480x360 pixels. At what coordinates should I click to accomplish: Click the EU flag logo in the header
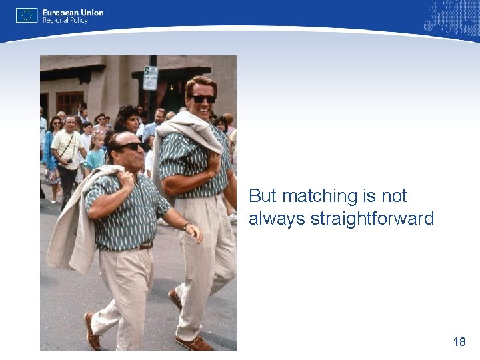(x=27, y=15)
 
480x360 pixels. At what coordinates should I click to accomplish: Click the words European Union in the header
(x=73, y=12)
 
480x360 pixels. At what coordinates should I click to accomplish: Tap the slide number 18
(x=459, y=342)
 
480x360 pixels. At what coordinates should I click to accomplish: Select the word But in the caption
(x=263, y=196)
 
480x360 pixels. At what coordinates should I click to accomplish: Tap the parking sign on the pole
(x=151, y=77)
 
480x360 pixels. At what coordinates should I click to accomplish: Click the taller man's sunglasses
(x=203, y=99)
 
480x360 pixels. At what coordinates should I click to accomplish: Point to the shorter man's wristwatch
(x=189, y=227)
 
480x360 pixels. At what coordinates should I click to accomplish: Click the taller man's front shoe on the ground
(x=194, y=343)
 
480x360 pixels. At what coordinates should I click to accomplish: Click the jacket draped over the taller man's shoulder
(x=193, y=130)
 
